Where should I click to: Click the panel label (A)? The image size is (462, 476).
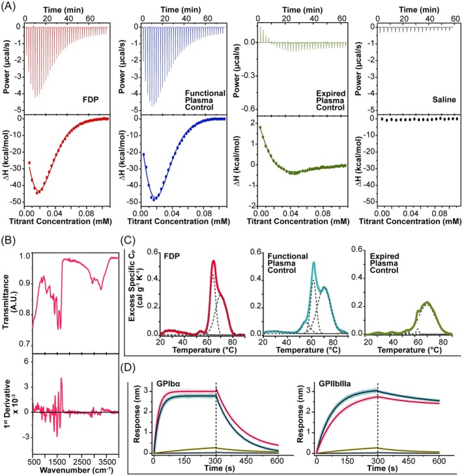(8, 7)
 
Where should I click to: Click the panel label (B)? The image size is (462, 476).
(8, 240)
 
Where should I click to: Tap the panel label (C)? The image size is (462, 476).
(128, 240)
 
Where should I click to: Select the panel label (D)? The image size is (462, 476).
(128, 368)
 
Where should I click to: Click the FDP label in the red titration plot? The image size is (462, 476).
(91, 100)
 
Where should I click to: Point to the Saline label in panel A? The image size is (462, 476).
(444, 100)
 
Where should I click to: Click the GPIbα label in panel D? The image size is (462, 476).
(168, 384)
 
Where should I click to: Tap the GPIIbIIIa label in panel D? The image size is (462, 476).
(334, 384)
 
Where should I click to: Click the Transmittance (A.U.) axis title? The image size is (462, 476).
(10, 301)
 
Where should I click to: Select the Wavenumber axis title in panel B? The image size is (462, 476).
(76, 470)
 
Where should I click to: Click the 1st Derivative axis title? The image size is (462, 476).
(10, 404)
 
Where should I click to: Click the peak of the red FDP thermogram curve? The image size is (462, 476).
(214, 260)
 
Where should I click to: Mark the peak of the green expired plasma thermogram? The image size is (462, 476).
(427, 301)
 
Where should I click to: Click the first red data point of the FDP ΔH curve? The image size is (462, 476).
(29, 163)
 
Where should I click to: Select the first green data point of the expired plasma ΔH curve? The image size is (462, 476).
(260, 127)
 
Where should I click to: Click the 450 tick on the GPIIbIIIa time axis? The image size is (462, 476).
(408, 461)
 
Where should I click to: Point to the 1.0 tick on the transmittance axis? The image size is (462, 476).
(25, 256)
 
